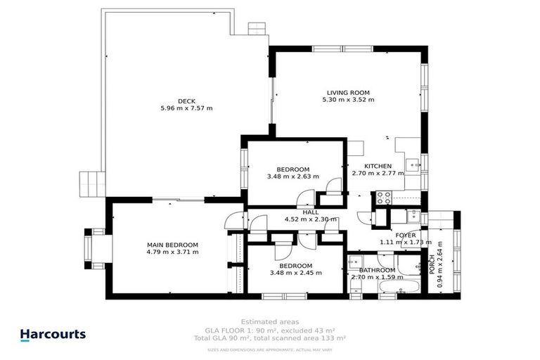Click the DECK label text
(186, 101)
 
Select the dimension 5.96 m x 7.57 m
(186, 108)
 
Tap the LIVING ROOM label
(347, 92)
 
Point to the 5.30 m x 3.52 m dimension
(347, 100)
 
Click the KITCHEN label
(378, 166)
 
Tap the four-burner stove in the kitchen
(385, 198)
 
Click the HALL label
(310, 212)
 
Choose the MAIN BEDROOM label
(172, 245)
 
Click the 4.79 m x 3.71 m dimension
(172, 252)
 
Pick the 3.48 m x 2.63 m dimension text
(293, 176)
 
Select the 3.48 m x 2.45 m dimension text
(295, 273)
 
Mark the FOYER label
(406, 235)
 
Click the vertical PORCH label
(432, 264)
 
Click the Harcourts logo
(53, 335)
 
